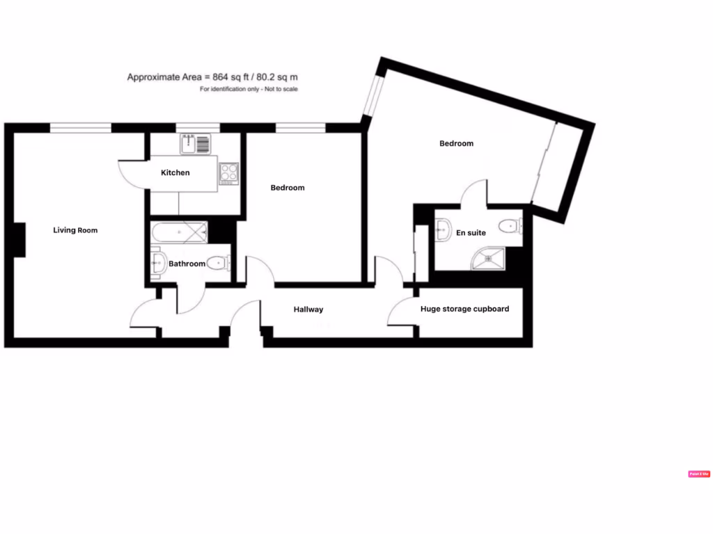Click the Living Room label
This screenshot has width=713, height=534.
coord(75,230)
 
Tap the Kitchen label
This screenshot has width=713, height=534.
coord(175,172)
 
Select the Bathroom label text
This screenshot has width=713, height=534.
coord(187,264)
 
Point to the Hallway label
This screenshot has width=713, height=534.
coord(308,309)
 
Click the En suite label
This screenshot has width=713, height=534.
coord(471,233)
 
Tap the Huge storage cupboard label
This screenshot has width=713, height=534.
coord(464,309)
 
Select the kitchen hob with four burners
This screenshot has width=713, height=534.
coord(229,172)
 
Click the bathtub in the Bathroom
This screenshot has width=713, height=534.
coord(179,232)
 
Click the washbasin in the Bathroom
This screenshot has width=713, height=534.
coord(157,263)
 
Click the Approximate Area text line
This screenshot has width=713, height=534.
coord(217,77)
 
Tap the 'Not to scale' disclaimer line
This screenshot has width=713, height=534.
coord(249,90)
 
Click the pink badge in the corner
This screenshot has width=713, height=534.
coord(698,474)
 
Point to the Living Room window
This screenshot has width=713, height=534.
coord(81,127)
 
